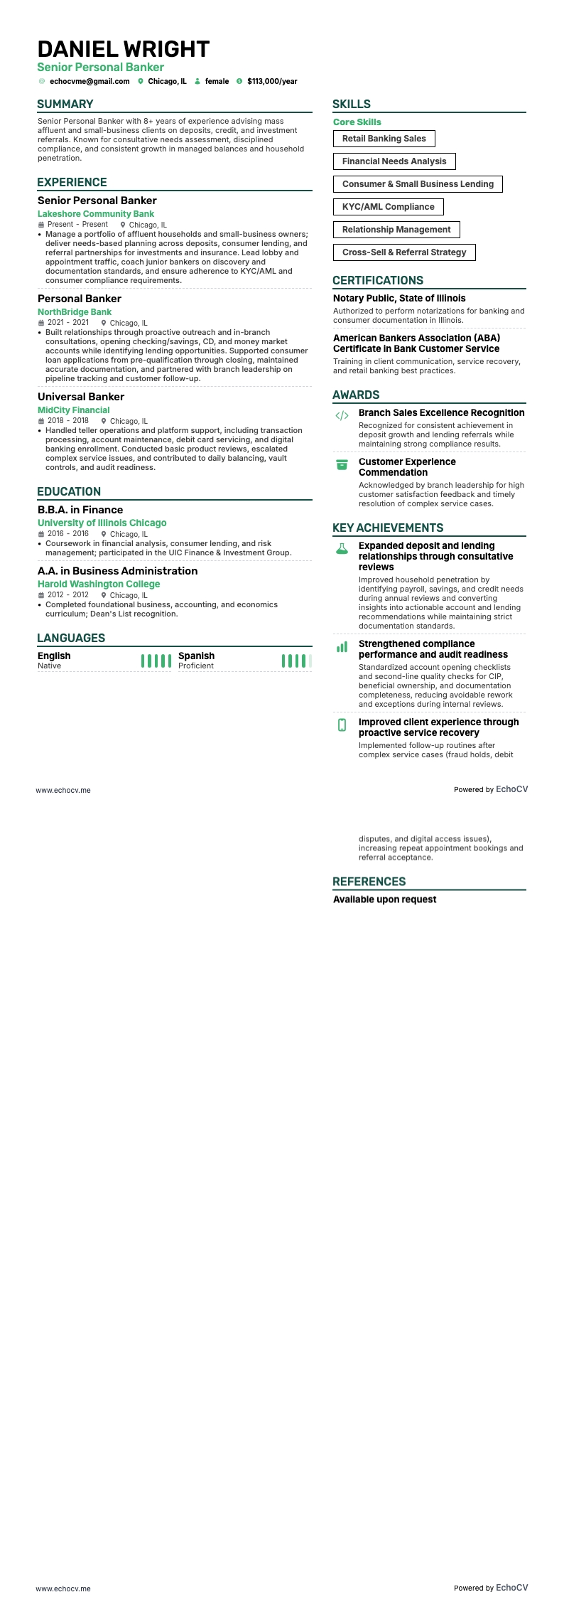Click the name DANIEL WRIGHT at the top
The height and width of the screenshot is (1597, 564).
point(124,49)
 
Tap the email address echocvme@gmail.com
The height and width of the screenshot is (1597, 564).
point(90,82)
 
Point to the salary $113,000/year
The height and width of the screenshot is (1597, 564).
point(272,82)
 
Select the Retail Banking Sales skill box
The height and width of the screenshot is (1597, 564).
point(384,139)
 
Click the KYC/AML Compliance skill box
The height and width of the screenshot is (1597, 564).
point(388,207)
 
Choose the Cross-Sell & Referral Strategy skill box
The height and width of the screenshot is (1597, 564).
point(404,252)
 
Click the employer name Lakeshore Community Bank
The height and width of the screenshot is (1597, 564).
point(96,214)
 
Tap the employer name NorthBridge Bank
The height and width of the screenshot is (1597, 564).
point(75,312)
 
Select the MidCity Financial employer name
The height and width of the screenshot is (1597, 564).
point(74,410)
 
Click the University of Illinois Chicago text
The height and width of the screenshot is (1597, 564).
point(102,523)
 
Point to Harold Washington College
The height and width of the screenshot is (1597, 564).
point(99,584)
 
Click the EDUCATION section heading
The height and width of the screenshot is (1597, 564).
point(69,491)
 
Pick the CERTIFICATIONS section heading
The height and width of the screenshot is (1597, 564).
point(378,280)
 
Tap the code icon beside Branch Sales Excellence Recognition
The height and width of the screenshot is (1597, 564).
point(342,416)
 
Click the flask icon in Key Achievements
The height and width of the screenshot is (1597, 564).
point(342,549)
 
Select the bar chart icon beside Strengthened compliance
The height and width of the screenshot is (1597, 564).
point(342,647)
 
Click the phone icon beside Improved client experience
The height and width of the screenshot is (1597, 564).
point(342,725)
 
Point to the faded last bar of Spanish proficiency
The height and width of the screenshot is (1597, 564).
point(310,661)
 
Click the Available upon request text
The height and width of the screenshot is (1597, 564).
point(385,899)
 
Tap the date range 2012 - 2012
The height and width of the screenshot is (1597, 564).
point(68,595)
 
